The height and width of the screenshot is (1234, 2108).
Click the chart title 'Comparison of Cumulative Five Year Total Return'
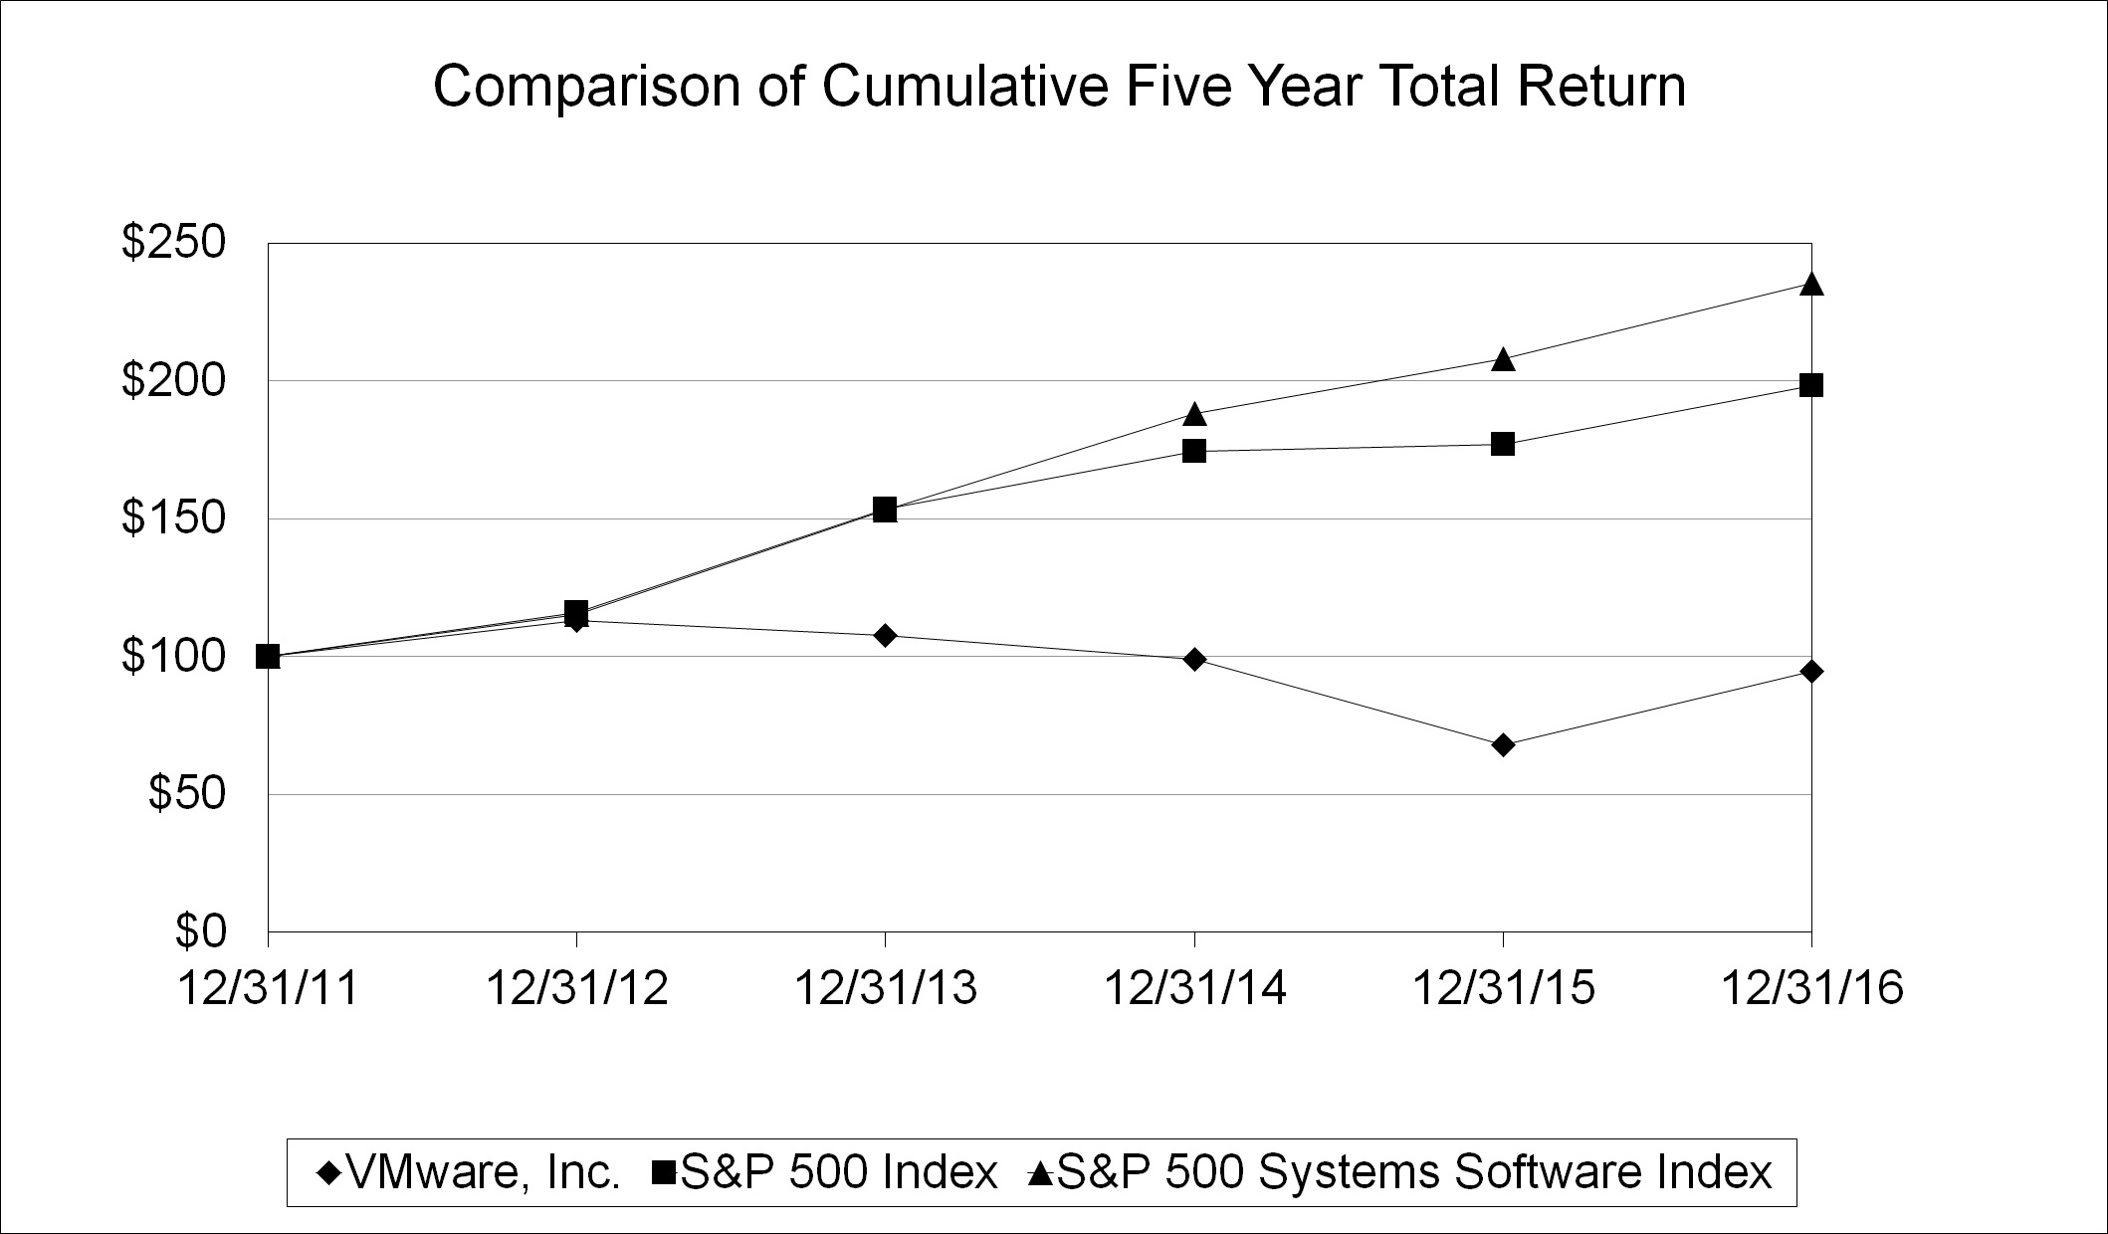pyautogui.click(x=1059, y=88)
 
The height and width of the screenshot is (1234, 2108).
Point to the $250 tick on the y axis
pyautogui.click(x=187, y=243)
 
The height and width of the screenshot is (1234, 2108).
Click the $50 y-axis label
pyautogui.click(x=200, y=794)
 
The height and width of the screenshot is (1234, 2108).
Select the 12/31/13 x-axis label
pyautogui.click(x=885, y=989)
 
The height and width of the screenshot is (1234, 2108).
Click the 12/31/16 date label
pyautogui.click(x=1811, y=989)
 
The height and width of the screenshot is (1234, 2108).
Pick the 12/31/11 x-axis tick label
pyautogui.click(x=268, y=989)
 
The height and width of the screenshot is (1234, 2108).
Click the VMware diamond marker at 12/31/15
pyautogui.click(x=1503, y=744)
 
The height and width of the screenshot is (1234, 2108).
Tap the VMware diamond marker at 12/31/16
pyautogui.click(x=1811, y=671)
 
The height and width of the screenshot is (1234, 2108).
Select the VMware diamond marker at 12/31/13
pyautogui.click(x=885, y=635)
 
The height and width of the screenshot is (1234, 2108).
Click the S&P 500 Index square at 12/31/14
pyautogui.click(x=1194, y=451)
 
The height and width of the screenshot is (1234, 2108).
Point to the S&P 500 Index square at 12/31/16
pyautogui.click(x=1811, y=385)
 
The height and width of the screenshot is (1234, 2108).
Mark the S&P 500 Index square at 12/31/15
pyautogui.click(x=1503, y=444)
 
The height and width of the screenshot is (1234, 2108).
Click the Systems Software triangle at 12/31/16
pyautogui.click(x=1811, y=284)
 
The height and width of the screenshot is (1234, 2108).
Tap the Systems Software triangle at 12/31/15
pyautogui.click(x=1503, y=359)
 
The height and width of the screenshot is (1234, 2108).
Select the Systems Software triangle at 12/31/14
pyautogui.click(x=1194, y=414)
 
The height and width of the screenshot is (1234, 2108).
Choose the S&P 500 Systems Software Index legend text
pyautogui.click(x=1413, y=1173)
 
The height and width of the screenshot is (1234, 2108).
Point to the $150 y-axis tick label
pyautogui.click(x=187, y=518)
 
